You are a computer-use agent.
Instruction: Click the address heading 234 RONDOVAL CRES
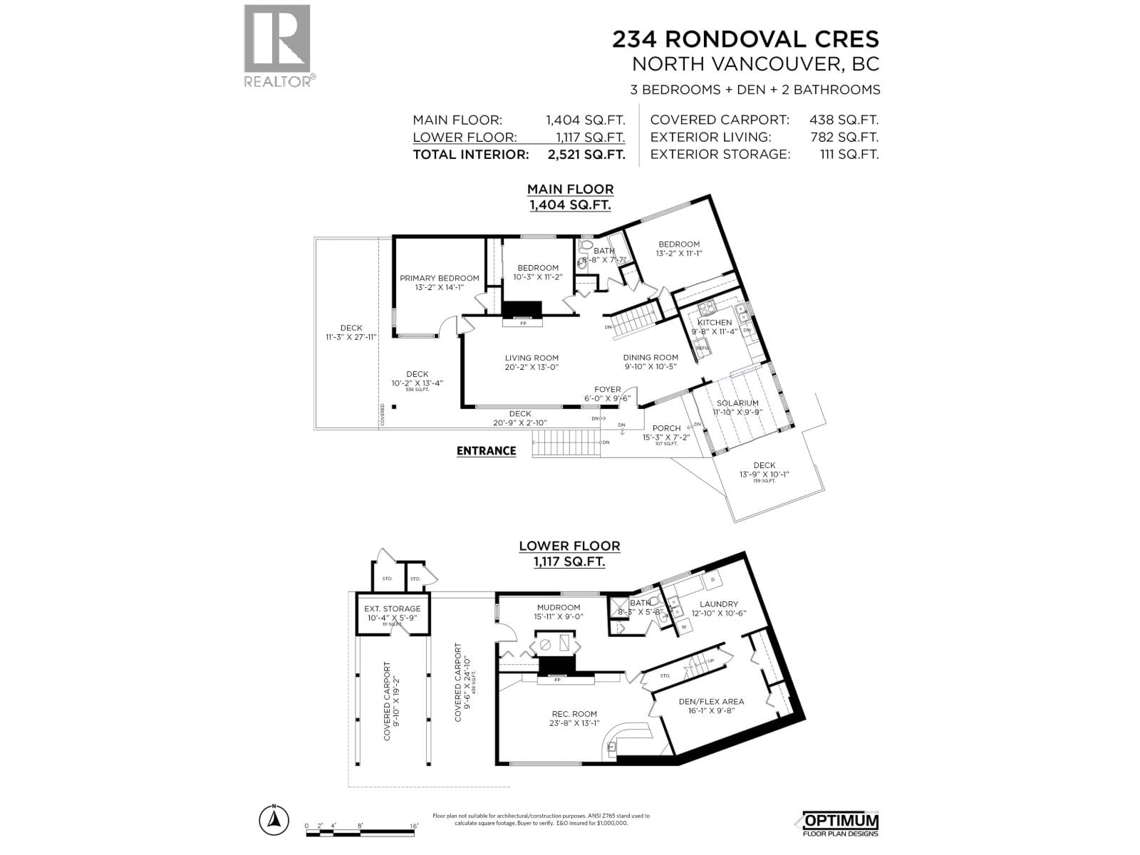click(745, 38)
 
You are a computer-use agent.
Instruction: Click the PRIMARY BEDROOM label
click(439, 278)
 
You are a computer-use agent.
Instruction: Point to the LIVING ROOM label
click(532, 358)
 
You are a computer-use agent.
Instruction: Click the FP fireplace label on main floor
click(523, 323)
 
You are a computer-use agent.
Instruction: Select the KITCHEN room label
click(714, 322)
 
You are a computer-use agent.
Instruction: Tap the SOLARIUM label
click(737, 403)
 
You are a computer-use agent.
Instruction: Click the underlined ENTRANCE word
click(486, 450)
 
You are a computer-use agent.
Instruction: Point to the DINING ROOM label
click(651, 358)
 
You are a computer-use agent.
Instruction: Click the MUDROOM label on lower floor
click(559, 607)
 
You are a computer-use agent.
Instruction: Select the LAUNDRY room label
click(718, 603)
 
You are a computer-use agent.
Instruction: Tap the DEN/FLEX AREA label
click(710, 701)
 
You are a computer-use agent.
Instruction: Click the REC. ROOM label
click(574, 713)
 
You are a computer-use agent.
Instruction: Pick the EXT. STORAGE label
click(392, 608)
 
